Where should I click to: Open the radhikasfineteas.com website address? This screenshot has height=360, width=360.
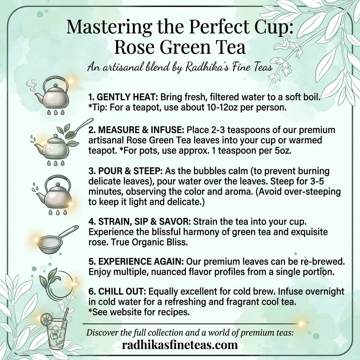click(x=180, y=345)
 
